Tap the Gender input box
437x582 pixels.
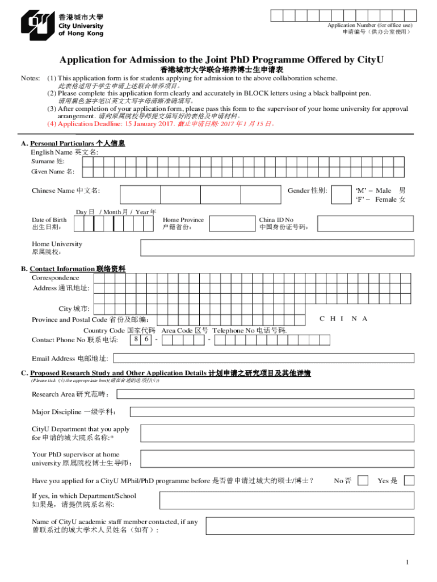(342, 194)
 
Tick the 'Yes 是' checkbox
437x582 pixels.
(408, 481)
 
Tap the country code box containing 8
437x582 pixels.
(136, 339)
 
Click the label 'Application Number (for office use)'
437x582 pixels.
(369, 26)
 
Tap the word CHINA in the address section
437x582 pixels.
(343, 319)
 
